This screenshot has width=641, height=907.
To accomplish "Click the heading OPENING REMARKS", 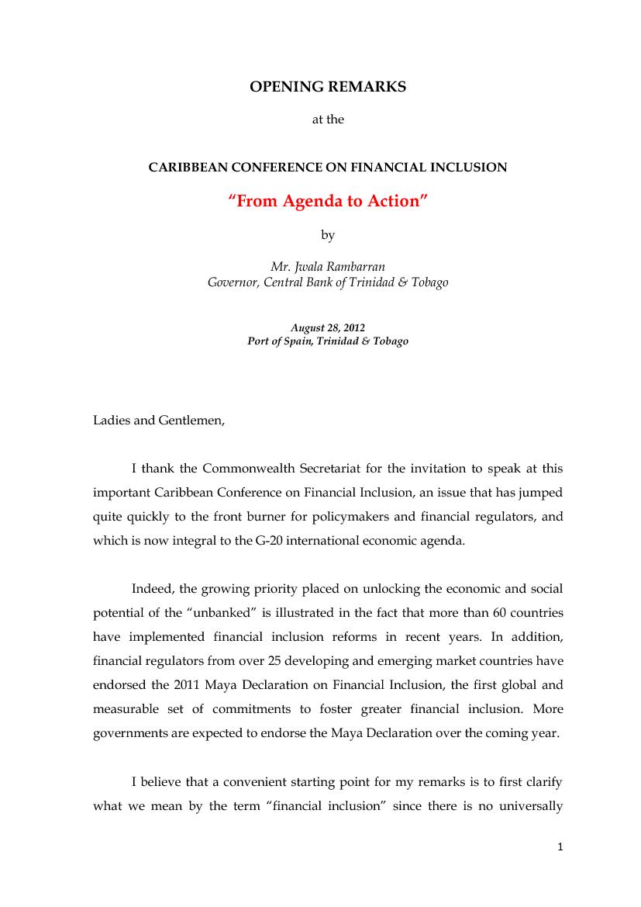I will tap(327, 88).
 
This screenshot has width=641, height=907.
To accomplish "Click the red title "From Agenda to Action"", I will tap(327, 202).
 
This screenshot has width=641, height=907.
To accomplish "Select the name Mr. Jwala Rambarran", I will tap(327, 267).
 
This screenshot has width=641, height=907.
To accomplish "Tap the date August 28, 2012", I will tap(327, 328).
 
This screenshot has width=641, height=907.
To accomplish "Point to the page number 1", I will tap(560, 846).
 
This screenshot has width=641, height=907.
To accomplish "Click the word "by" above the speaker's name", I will tap(327, 234).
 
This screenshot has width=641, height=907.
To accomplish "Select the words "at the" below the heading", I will tap(327, 120).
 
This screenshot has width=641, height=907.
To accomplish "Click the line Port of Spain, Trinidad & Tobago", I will tap(327, 341).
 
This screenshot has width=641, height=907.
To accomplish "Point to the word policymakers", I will tap(352, 517).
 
